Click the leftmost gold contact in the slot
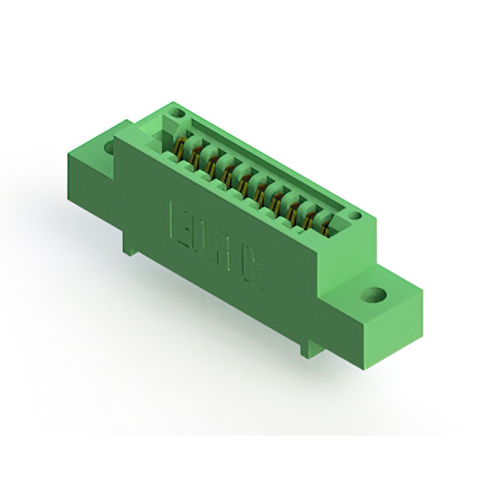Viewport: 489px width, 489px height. point(180,144)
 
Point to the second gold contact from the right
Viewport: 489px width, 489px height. point(310,216)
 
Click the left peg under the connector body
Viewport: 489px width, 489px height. point(131,245)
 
